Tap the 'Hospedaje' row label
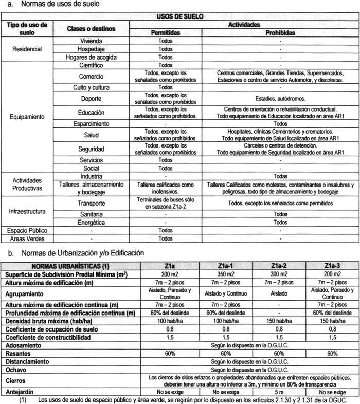pos(91,49)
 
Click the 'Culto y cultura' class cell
pos(91,87)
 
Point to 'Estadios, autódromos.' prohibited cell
pos(280,98)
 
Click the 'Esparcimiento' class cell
pos(91,124)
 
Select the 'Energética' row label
pos(91,223)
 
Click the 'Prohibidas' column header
pos(280,32)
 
